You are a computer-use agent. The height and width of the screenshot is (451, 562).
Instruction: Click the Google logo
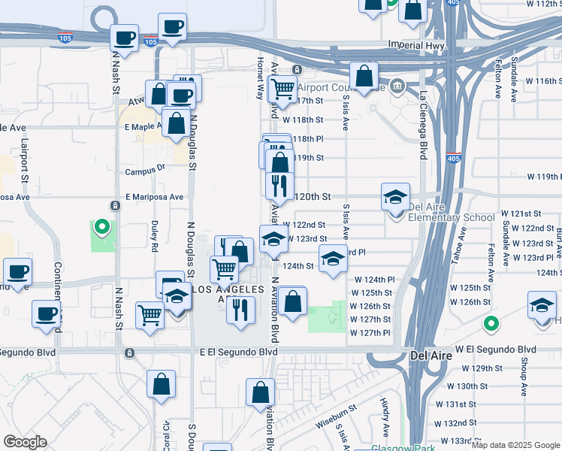[x=25, y=442]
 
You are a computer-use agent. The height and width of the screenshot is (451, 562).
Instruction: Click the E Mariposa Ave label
[x=155, y=197]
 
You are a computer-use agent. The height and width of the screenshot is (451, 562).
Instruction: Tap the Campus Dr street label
[x=145, y=171]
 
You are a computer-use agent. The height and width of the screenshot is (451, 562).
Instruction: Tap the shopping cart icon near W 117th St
[x=283, y=89]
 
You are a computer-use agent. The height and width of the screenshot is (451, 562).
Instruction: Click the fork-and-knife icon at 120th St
[x=279, y=185]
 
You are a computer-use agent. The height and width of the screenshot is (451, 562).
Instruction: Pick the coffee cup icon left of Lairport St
[x=17, y=272]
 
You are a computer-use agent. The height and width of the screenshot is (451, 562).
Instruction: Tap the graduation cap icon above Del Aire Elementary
[x=395, y=197]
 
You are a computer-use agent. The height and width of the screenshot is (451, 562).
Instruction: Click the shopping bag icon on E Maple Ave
[x=176, y=125]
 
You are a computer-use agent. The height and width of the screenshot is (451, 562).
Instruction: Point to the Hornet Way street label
[x=261, y=80]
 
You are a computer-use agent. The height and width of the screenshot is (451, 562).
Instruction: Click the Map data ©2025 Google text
[x=515, y=445]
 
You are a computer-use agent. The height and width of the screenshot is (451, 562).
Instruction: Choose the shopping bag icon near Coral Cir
[x=161, y=384]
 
